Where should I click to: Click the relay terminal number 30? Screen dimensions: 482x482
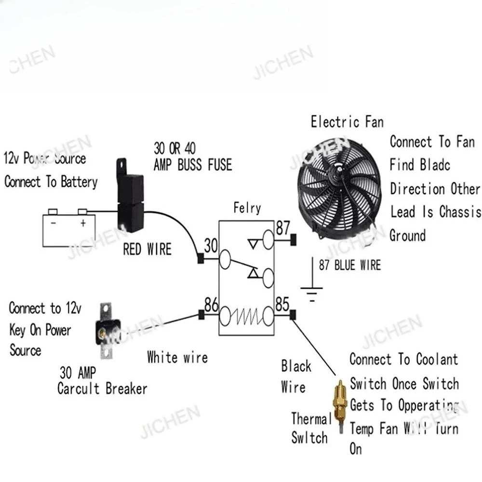click(x=211, y=246)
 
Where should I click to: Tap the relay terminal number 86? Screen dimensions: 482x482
click(x=211, y=305)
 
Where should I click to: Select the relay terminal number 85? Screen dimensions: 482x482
click(x=282, y=305)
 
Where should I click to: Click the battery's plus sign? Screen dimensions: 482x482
click(x=83, y=223)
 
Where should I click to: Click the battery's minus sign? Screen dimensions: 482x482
click(x=54, y=223)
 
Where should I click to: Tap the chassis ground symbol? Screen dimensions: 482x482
click(x=312, y=291)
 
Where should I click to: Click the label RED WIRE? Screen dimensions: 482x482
click(x=147, y=249)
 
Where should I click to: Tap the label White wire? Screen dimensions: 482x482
click(x=177, y=358)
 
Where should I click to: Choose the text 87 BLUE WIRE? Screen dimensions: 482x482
click(x=350, y=265)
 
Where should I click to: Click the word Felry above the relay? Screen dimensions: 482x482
click(x=247, y=208)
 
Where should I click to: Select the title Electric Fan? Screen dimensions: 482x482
click(x=347, y=121)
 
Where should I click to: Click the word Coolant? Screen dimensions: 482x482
click(x=437, y=360)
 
